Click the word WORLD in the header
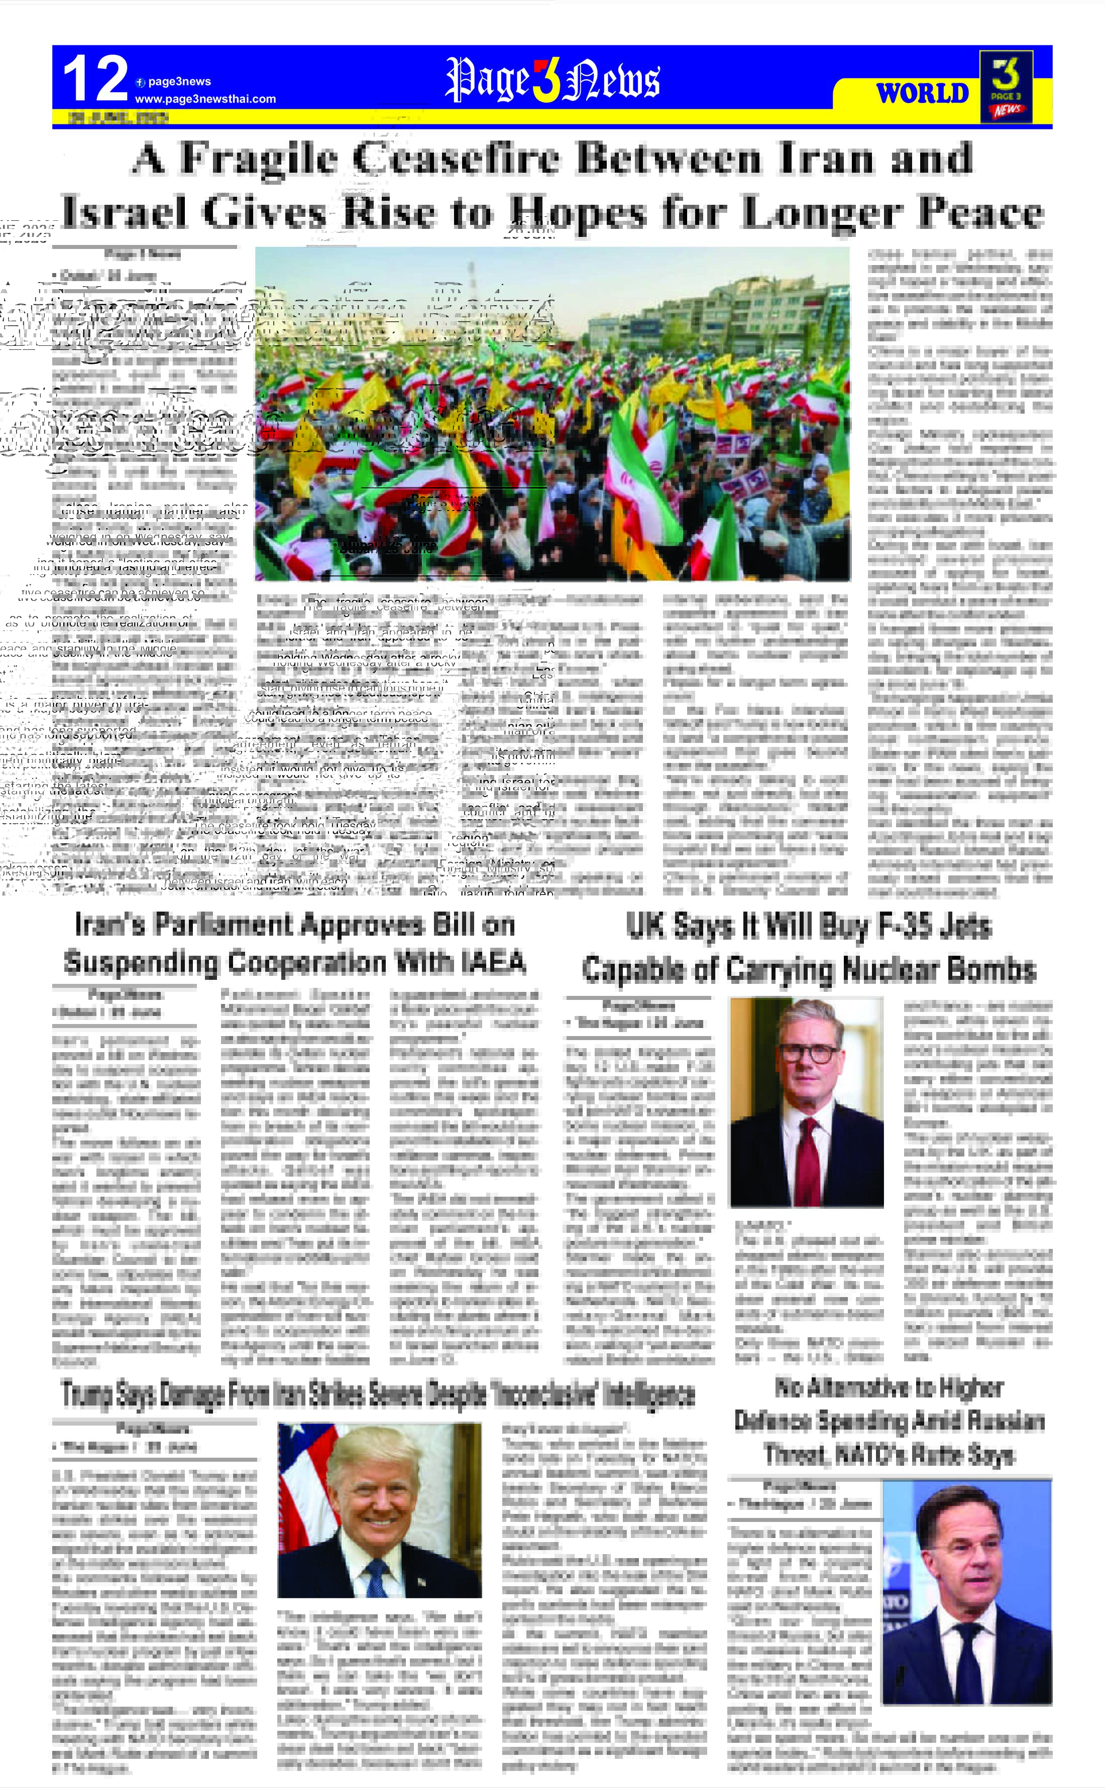click(x=922, y=93)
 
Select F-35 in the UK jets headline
click(x=908, y=926)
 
